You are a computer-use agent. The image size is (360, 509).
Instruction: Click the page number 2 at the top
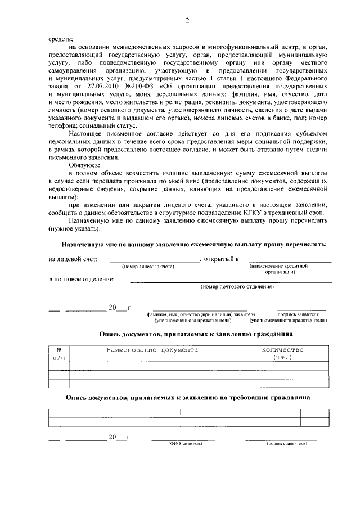click(188, 21)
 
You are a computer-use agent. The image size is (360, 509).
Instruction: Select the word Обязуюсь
click(84, 168)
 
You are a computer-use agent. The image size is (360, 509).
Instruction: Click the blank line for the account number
click(154, 260)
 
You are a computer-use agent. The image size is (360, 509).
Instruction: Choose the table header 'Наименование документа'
click(152, 350)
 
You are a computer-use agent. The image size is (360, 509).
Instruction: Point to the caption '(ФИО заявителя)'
click(184, 444)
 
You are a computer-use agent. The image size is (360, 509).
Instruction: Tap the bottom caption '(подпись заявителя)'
click(286, 444)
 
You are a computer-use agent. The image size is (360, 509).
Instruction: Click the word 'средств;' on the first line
click(60, 38)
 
